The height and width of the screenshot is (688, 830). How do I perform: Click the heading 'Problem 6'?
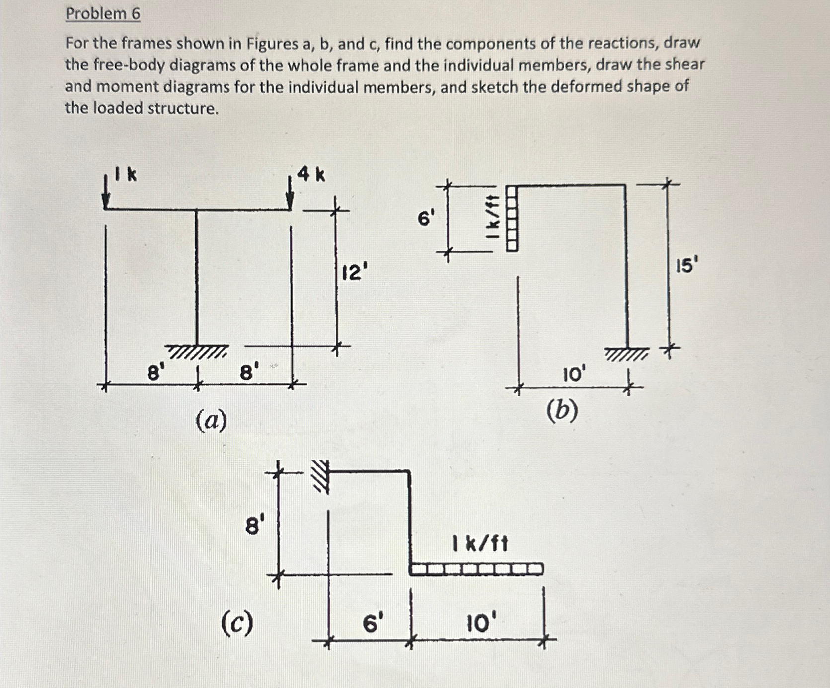[x=103, y=14]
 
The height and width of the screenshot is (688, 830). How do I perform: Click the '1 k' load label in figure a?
[x=126, y=174]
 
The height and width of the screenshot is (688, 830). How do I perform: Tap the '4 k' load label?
[x=311, y=174]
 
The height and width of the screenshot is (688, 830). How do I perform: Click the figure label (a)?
[x=211, y=421]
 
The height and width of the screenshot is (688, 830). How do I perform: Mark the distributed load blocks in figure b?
[x=512, y=218]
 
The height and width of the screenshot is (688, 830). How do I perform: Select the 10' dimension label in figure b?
[x=574, y=374]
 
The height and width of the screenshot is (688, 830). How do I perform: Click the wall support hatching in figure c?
[x=321, y=476]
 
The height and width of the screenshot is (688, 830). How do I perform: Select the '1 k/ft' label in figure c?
[x=480, y=544]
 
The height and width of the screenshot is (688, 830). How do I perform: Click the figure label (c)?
[x=237, y=624]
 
